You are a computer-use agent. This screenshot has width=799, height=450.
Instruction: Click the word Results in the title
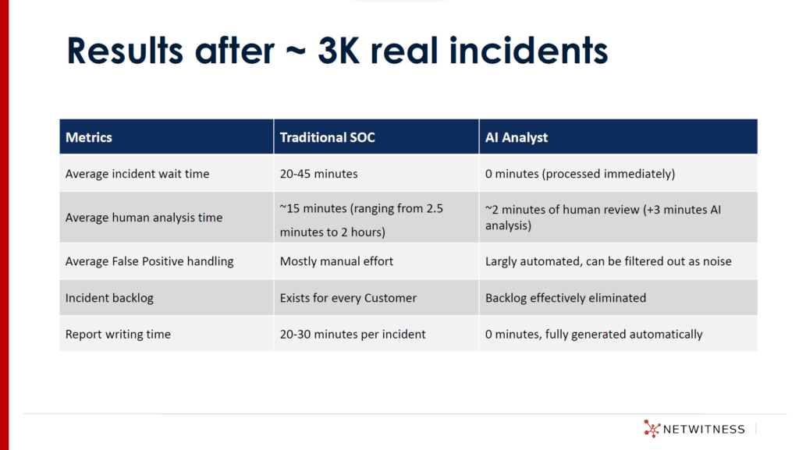(124, 51)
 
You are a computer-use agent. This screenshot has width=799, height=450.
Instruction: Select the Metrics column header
(89, 137)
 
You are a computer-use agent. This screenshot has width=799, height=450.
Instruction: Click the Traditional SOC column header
(327, 137)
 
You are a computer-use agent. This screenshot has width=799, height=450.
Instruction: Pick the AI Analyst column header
(517, 137)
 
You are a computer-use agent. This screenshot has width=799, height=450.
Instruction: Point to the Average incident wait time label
(137, 174)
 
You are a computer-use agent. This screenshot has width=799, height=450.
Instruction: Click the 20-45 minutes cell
(318, 174)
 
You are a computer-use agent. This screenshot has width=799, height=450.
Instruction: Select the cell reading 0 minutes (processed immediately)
(580, 174)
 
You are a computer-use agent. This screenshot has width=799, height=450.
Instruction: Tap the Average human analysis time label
(144, 218)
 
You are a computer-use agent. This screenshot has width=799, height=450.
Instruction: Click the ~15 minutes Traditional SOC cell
(361, 220)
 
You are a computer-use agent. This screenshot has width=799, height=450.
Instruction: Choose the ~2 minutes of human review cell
(603, 218)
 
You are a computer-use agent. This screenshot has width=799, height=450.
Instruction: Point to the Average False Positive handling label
(149, 261)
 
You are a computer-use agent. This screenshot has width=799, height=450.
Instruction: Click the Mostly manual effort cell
(336, 261)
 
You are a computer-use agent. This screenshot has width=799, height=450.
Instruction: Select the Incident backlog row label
(109, 298)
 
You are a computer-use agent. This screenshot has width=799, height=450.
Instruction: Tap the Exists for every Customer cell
(348, 298)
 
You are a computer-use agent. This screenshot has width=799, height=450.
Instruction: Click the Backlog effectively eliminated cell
(566, 298)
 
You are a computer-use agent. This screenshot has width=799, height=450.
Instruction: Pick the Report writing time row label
(118, 335)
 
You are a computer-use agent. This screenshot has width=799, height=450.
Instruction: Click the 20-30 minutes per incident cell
(353, 335)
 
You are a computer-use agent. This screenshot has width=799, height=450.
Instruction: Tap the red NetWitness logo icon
(652, 429)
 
